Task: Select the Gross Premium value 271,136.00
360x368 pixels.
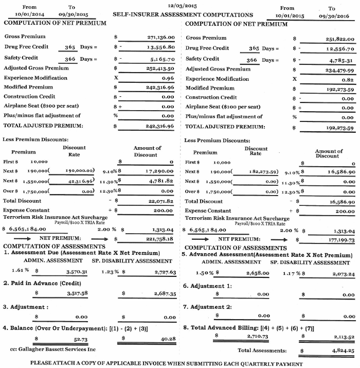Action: (x=161, y=38)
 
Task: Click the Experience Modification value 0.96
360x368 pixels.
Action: (x=168, y=78)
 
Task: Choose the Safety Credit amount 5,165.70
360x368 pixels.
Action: (x=163, y=60)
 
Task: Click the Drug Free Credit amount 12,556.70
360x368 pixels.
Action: (x=340, y=49)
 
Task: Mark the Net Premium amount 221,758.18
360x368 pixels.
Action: (x=159, y=239)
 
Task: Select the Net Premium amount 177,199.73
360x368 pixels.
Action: (x=339, y=240)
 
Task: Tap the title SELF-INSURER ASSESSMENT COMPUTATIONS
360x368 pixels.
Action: (x=183, y=15)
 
